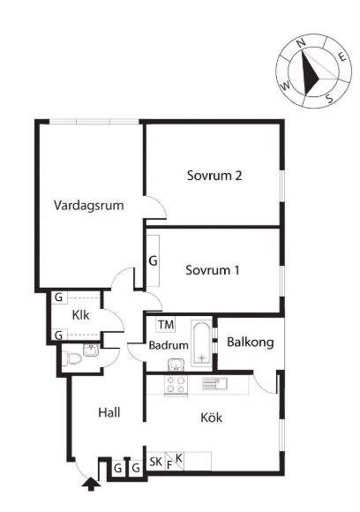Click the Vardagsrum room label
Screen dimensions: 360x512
click(89, 206)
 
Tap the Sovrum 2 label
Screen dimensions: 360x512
click(214, 176)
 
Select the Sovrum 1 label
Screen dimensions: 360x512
click(213, 270)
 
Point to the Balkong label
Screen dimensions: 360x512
click(251, 343)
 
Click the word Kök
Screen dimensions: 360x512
click(212, 418)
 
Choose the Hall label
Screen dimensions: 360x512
click(109, 412)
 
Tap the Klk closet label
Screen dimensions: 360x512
click(80, 315)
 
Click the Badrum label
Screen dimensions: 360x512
click(169, 345)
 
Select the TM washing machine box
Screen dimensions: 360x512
click(166, 325)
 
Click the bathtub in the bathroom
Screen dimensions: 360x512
click(202, 344)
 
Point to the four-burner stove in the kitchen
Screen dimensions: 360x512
click(176, 385)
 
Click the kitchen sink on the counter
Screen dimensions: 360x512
click(215, 383)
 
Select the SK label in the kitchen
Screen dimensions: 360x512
click(155, 462)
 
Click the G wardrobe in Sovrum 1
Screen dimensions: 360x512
click(153, 260)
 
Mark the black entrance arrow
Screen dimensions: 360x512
click(91, 484)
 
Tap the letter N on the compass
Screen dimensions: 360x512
click(301, 42)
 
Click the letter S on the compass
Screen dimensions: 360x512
click(330, 98)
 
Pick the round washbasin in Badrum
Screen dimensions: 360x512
click(176, 365)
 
